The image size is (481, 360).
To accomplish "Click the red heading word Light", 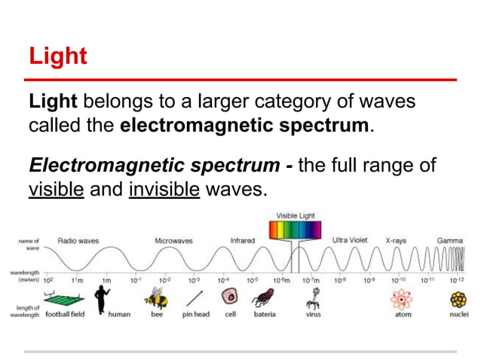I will (x=57, y=56).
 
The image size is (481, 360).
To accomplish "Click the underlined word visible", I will (x=56, y=188).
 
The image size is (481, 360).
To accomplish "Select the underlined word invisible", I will (x=164, y=188).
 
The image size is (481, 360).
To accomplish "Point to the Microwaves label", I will (x=173, y=240).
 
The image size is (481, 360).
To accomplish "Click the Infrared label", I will (x=242, y=240).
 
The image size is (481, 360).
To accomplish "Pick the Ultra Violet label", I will (x=350, y=240).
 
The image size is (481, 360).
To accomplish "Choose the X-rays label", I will (x=396, y=240).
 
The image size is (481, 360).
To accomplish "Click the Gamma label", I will (x=450, y=240).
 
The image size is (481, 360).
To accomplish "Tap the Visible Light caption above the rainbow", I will (x=295, y=215).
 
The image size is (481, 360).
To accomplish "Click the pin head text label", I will (x=196, y=315).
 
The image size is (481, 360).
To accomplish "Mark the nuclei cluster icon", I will (x=458, y=299).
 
